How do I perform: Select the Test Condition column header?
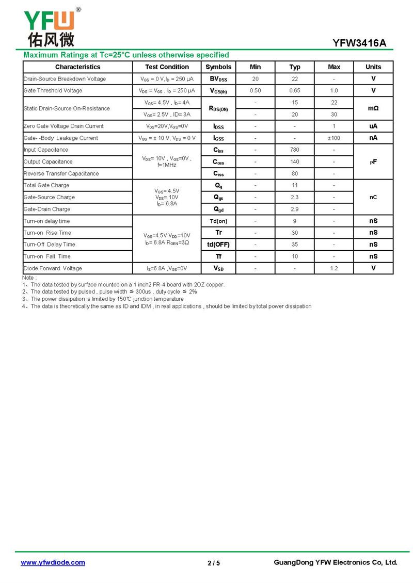pos(167,67)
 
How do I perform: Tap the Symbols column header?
pos(218,67)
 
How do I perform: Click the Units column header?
pos(373,67)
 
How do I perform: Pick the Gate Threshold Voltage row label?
pos(53,91)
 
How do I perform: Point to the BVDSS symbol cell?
pos(218,79)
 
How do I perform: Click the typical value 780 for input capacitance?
pos(295,150)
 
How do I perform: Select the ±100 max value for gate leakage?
pos(334,138)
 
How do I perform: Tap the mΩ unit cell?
pos(373,108)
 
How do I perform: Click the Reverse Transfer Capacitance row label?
pos(61,174)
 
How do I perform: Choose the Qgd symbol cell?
pos(218,209)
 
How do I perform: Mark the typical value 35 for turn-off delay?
pos(295,245)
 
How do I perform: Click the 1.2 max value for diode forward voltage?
pos(334,268)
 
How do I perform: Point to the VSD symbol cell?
pos(218,268)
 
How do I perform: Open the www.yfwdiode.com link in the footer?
pos(53,562)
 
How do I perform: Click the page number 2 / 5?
pos(214,563)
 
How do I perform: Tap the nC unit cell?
pos(373,198)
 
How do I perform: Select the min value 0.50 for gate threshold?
pos(255,91)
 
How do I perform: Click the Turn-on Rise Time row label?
pos(47,233)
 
